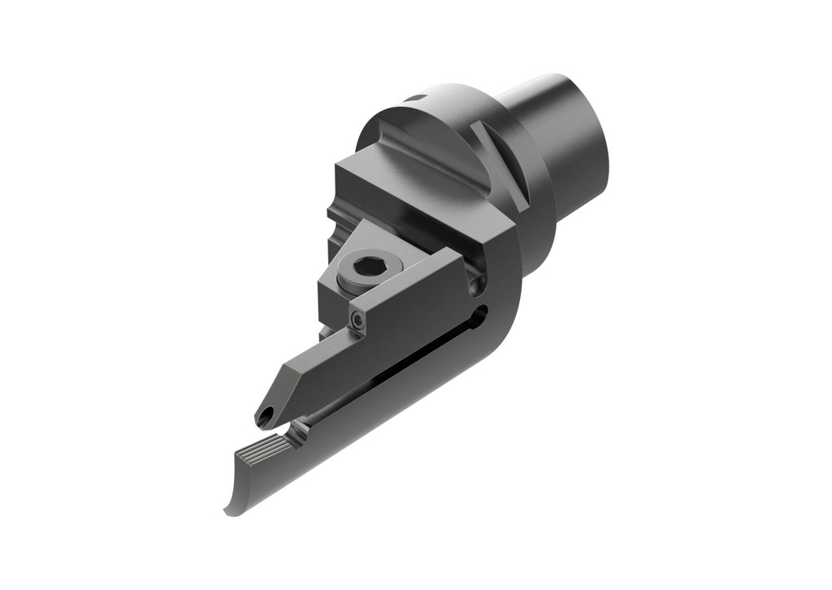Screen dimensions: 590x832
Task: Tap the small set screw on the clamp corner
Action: (x=357, y=322)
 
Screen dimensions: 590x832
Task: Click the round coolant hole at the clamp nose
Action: (x=265, y=417)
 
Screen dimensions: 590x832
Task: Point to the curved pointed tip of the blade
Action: (x=228, y=511)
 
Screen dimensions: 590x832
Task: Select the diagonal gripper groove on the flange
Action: (x=501, y=167)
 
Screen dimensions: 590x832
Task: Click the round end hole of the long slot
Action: (x=482, y=312)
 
